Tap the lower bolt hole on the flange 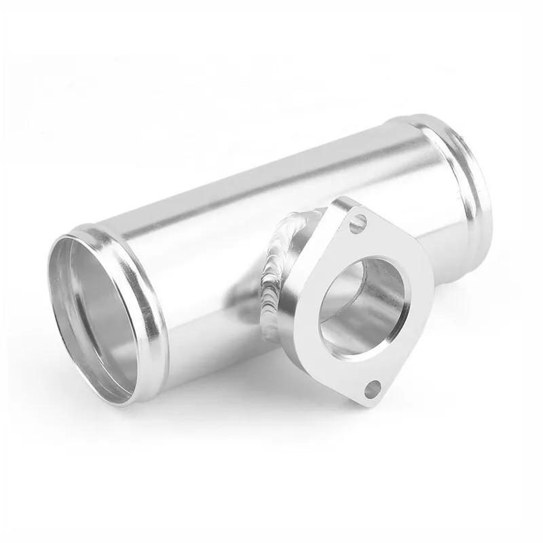click(x=373, y=389)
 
